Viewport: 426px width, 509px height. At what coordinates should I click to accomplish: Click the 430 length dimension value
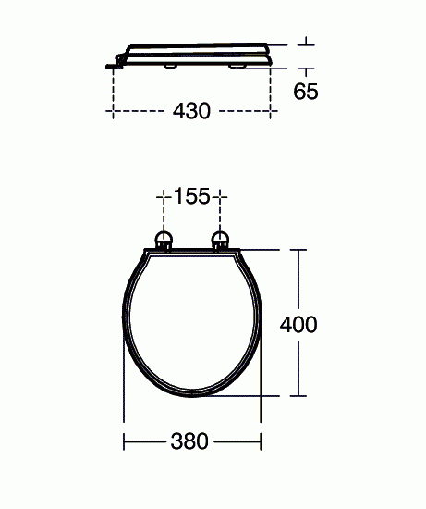pos(191,110)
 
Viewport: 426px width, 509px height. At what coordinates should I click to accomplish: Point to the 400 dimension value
pos(299,324)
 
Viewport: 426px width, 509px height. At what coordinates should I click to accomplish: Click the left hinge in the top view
pos(164,241)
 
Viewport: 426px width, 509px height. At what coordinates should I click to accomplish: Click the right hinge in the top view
pos(221,241)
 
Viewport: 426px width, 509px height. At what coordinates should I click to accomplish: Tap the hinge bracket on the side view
pos(115,65)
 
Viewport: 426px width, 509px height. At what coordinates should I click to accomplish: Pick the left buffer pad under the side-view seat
pos(170,66)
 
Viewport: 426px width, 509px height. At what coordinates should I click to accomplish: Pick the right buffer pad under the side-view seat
pos(243,65)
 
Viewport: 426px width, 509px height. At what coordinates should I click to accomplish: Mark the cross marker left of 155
pos(164,196)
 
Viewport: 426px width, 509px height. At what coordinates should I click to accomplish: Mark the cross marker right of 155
pos(221,196)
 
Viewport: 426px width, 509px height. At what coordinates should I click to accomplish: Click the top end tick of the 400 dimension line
pos(299,250)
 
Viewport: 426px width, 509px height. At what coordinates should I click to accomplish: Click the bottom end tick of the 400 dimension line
pos(299,398)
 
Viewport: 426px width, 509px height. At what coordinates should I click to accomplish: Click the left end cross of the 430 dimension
pos(113,110)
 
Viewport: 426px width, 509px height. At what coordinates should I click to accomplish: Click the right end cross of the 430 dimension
pos(270,110)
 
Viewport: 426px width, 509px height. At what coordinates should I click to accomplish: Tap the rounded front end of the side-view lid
pos(269,53)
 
